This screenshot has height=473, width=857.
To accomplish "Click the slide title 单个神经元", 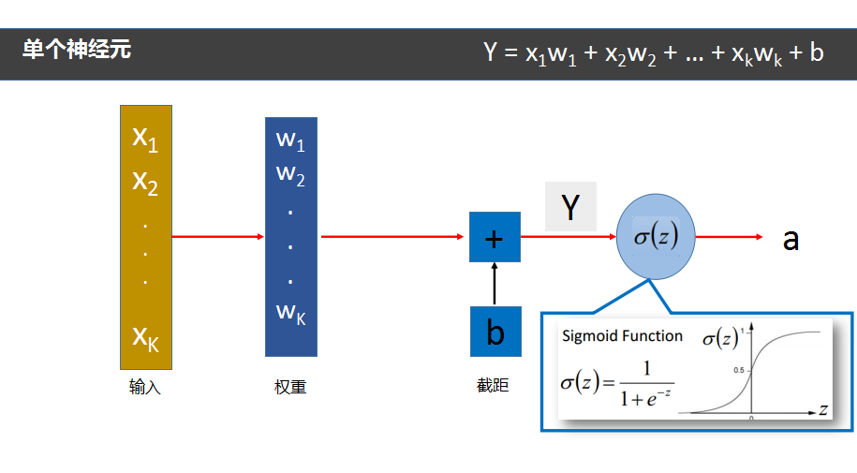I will [x=77, y=51].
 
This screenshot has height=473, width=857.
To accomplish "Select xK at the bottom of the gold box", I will [x=145, y=338].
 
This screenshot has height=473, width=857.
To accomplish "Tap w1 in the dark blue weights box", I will [x=290, y=141].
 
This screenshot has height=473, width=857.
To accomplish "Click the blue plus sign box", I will [x=495, y=238].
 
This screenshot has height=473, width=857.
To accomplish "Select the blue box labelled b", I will [x=495, y=332].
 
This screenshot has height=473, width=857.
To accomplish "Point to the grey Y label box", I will [x=570, y=207].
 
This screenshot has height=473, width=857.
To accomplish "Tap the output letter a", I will [x=791, y=240].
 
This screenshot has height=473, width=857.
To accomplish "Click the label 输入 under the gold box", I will [x=145, y=387].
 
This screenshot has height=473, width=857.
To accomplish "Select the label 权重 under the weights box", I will [x=290, y=387].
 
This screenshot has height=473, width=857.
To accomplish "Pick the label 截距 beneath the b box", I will [x=493, y=385].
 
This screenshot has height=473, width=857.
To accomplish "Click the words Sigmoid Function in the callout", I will [x=623, y=336].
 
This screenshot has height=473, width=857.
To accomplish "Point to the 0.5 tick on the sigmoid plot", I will [x=739, y=370].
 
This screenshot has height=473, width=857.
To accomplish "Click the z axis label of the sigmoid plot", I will [x=821, y=409].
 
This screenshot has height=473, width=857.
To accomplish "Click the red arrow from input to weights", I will [x=218, y=236].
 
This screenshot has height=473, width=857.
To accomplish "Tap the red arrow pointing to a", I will [x=731, y=237].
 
